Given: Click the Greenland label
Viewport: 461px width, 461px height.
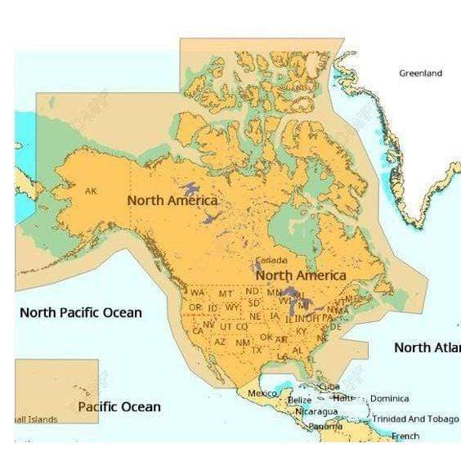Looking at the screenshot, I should pos(420,74).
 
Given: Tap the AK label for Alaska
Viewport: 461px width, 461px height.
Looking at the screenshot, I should pos(91,190).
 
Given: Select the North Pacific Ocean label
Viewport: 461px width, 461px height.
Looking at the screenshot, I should pos(80,312).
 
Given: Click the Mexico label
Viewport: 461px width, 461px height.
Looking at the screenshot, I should pos(262,394).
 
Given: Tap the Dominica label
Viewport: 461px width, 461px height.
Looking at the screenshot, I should pos(389,399).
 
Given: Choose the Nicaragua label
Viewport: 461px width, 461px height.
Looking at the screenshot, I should pos(316,411).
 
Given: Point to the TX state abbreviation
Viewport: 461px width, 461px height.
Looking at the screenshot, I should pos(256,350).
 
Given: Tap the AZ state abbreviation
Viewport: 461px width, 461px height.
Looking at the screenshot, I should pos(220,342).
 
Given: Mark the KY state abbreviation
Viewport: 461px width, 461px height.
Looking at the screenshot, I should pos(302,331).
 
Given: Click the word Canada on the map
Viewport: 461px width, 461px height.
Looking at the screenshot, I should pos(272,261).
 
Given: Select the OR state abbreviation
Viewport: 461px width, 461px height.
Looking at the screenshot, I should pos(195,307).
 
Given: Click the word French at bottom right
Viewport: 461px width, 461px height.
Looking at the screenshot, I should pos(405,436).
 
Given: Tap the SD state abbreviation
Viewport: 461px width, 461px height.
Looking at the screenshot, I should pos(254,302).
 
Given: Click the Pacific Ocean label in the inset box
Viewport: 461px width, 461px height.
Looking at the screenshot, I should pos(119,406).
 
